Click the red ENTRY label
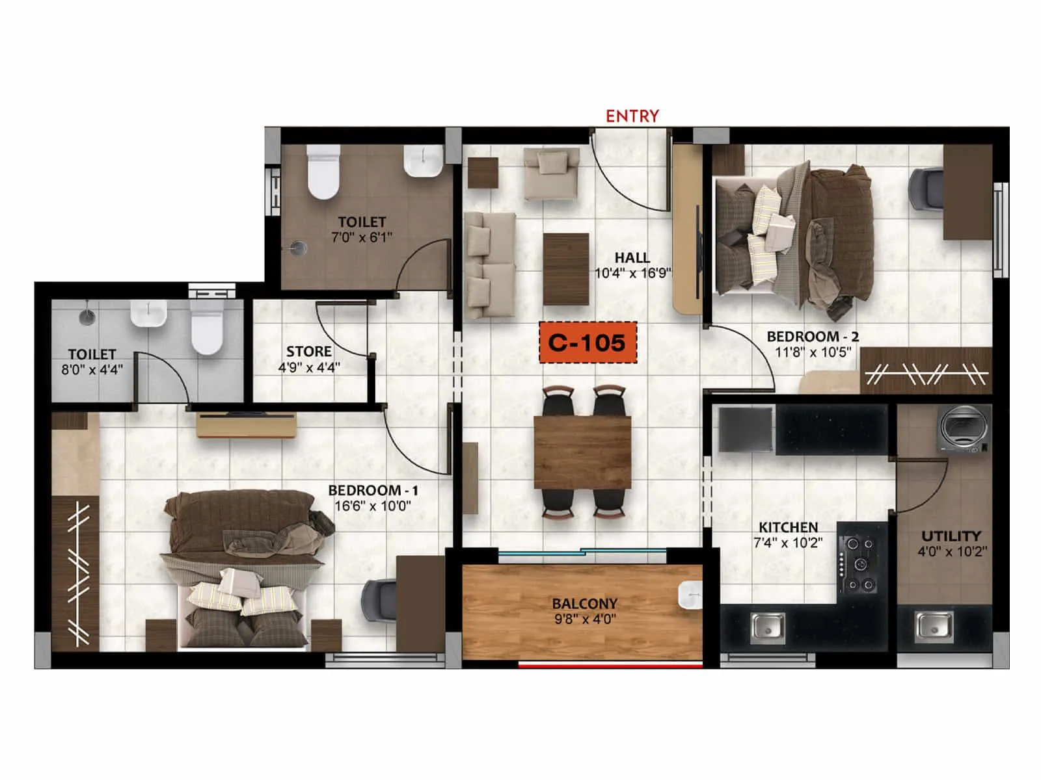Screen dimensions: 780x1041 [632, 116]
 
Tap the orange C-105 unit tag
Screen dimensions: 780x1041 [587, 343]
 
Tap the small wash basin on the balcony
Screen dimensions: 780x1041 [690, 595]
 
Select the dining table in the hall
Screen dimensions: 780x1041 [582, 452]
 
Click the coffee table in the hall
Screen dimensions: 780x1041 [566, 269]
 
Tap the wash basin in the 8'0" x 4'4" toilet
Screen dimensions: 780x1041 [148, 313]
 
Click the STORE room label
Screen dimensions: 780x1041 [309, 352]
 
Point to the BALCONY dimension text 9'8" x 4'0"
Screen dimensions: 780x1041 [585, 619]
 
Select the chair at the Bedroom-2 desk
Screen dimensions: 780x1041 [926, 188]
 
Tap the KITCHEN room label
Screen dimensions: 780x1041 [788, 527]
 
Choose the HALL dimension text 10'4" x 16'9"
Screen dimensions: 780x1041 [632, 273]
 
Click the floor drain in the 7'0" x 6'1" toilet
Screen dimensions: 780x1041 [298, 248]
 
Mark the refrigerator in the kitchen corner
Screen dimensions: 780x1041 [746, 428]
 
